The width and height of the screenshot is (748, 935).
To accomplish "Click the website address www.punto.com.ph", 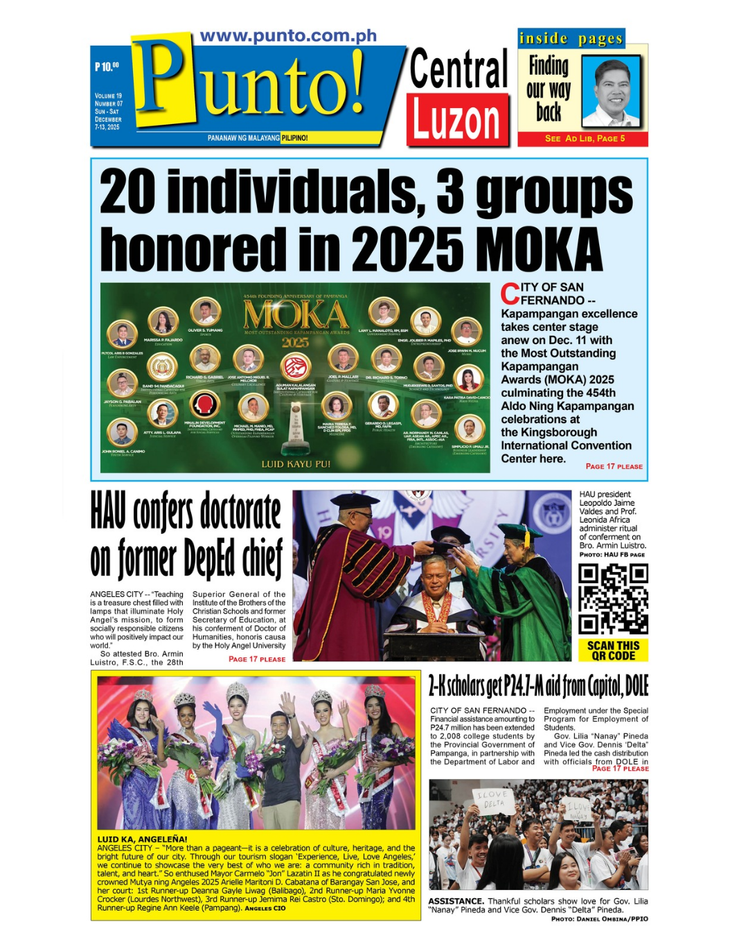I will tap(288, 36).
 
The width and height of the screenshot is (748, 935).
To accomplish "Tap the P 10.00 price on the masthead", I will tap(107, 66).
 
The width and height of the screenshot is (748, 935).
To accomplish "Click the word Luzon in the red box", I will tap(457, 120).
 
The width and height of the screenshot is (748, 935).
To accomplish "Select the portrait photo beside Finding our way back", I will tap(611, 91).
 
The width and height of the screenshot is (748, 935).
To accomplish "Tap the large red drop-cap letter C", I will tap(510, 294).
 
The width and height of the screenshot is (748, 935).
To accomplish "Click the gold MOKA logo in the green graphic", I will tap(296, 316).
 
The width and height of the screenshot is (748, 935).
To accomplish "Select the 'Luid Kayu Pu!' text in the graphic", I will tap(296, 464).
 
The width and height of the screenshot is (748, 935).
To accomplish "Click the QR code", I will tap(613, 599).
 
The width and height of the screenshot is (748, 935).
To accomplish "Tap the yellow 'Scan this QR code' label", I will tap(613, 650).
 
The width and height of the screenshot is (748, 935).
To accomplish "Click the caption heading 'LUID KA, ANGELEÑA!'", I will tap(142, 839).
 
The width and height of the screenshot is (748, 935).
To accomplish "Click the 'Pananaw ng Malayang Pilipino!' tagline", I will tap(258, 138).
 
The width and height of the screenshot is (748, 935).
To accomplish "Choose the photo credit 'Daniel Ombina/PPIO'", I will tap(600, 919).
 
